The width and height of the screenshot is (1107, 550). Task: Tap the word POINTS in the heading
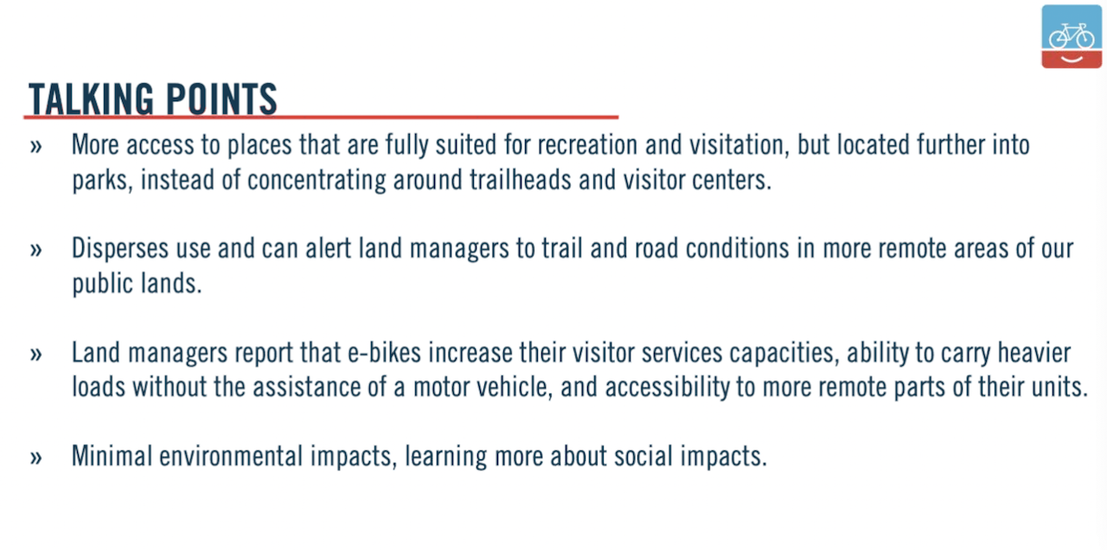221,99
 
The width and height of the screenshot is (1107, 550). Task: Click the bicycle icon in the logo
1072,35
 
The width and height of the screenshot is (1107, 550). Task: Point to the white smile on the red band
1072,60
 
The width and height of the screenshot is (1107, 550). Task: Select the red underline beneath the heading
321,117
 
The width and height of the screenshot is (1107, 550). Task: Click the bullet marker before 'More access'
35,147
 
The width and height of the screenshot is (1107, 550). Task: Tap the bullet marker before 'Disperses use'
35,250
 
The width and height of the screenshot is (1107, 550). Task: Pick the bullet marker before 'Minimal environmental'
35,457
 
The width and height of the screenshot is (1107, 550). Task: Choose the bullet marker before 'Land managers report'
35,355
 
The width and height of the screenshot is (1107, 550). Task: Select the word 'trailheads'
521,179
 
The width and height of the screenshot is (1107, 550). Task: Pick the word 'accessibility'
667,387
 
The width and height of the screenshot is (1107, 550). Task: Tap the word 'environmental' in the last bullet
231,456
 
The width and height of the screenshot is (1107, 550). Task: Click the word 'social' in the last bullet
643,456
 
